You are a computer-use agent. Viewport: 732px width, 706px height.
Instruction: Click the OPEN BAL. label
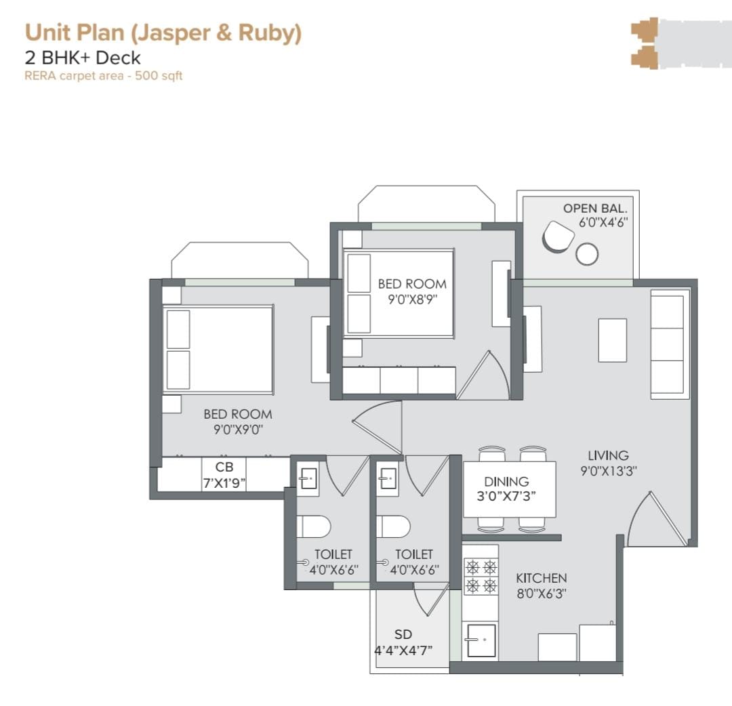(595, 209)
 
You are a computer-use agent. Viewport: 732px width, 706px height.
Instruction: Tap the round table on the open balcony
(587, 254)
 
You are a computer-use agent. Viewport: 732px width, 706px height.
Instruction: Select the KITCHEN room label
(542, 578)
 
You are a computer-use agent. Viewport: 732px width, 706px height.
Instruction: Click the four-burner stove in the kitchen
(481, 576)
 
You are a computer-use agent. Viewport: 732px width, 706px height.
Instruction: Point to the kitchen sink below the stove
(481, 640)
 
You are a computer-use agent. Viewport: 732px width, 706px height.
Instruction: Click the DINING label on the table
(506, 482)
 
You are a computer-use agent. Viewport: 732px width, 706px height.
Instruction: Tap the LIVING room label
(608, 455)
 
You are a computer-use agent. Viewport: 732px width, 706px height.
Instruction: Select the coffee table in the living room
(613, 340)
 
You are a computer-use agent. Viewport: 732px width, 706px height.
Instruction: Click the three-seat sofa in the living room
(670, 344)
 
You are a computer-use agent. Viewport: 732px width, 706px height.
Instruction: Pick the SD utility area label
(403, 635)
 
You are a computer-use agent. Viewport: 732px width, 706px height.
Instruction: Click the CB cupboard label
(224, 467)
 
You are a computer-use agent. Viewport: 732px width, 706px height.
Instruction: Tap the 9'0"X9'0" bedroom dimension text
(238, 430)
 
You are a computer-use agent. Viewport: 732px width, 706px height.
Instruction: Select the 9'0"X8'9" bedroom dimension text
(412, 299)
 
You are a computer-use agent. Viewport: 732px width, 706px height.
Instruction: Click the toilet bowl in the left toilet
(314, 527)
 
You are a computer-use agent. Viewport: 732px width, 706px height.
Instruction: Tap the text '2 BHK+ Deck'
(83, 58)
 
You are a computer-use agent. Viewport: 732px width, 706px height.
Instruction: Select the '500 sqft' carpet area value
(159, 76)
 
